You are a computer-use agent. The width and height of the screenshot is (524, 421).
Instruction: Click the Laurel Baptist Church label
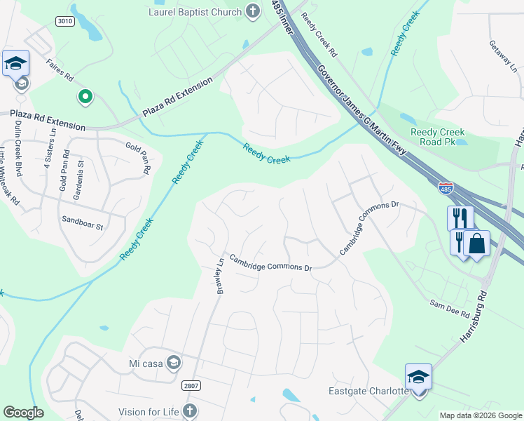click(194, 12)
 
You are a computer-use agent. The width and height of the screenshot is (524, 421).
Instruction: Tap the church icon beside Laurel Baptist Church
click(252, 12)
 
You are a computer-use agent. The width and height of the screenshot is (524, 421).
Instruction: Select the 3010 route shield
click(64, 22)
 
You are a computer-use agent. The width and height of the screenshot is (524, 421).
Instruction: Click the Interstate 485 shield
click(446, 188)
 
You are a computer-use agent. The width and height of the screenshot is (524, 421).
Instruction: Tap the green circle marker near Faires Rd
click(85, 97)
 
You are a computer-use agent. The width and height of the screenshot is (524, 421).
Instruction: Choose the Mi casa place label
click(145, 363)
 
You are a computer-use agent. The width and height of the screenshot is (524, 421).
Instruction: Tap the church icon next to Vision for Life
click(188, 411)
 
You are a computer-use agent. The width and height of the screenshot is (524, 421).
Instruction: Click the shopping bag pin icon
click(476, 243)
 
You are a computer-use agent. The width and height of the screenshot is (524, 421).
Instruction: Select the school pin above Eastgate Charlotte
click(418, 377)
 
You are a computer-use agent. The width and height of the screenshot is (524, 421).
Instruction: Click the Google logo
click(23, 413)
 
